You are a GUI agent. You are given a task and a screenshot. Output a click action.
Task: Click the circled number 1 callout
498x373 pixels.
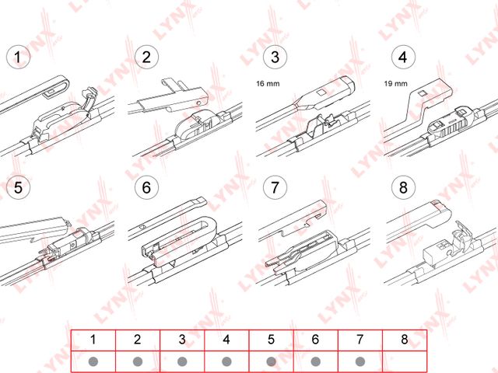pos(18,57)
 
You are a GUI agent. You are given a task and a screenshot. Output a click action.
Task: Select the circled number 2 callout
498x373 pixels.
pos(146,57)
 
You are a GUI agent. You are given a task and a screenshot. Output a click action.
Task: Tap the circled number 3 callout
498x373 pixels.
pos(274,57)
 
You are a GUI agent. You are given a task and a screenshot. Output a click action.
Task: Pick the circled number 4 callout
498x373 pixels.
pos(402,57)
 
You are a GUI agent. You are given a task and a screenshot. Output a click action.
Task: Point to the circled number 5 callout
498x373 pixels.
pos(18,187)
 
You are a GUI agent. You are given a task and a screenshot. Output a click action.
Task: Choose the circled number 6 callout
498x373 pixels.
pos(146,187)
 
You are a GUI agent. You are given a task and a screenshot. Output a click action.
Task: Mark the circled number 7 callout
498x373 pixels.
pos(274,187)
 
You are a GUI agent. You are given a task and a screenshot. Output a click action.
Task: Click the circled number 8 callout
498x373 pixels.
pos(402,187)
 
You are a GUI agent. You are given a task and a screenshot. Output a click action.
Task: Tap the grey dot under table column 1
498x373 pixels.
pos(93,361)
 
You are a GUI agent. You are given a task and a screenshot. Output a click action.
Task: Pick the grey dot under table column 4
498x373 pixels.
pos(226,361)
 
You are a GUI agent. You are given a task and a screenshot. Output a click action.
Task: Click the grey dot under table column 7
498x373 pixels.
pos(359,361)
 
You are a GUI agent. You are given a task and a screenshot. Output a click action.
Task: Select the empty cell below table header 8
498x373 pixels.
pos(404,361)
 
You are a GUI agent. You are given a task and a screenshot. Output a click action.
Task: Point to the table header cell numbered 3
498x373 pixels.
pos(182,340)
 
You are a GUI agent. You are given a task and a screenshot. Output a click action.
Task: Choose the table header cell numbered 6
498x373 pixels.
pos(315,340)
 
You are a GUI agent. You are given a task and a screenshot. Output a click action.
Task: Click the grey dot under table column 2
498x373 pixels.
pos(138,361)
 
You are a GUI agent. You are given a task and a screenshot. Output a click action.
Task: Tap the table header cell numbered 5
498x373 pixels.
pos(271,340)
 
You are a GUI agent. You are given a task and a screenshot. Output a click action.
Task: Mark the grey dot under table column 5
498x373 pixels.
pos(271,361)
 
